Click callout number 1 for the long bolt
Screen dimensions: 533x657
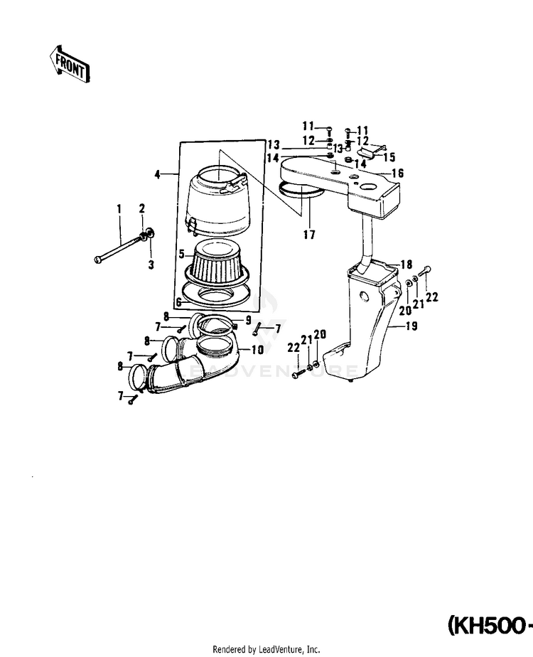[120, 208]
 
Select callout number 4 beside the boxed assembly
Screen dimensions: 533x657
[156, 173]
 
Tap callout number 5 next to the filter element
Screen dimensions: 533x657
[181, 254]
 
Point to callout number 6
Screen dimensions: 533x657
[179, 301]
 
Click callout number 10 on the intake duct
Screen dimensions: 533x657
[256, 350]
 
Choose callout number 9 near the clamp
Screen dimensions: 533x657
[249, 321]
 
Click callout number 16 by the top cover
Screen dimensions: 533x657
[397, 173]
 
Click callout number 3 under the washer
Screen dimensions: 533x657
[151, 265]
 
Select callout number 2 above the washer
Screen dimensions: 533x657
[142, 208]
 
